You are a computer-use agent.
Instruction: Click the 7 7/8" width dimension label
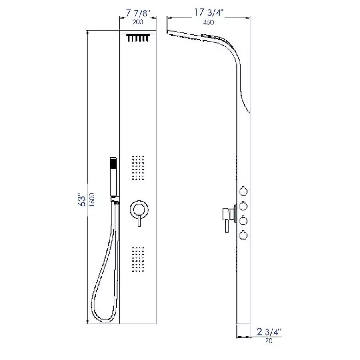pos(137,13)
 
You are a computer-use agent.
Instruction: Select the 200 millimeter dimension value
pos(138,22)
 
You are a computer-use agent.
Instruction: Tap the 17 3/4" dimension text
pos(208,12)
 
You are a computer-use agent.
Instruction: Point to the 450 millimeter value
pos(208,22)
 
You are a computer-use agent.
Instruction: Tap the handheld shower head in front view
pos(114,176)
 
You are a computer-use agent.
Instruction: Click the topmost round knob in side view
pos(243,191)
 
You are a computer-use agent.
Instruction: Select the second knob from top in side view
pos(243,206)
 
